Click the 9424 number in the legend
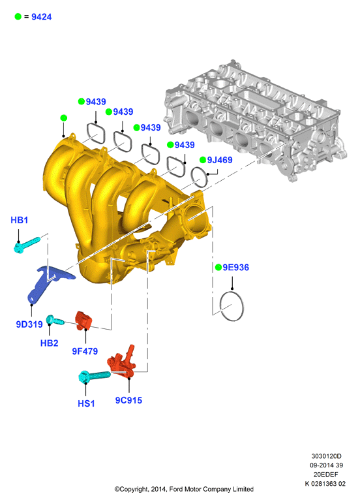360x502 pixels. (41, 17)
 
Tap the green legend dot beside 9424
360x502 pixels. (18, 16)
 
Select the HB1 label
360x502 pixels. (19, 220)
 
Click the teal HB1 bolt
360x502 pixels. (27, 244)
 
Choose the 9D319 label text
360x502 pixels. (29, 324)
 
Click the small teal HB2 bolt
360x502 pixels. (55, 320)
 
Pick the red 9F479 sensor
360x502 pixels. (83, 320)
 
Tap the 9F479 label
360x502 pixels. (85, 351)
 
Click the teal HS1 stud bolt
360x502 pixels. (94, 376)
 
